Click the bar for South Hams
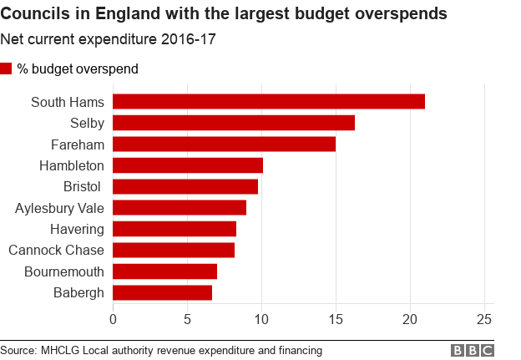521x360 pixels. (268, 102)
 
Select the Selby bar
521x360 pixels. (233, 123)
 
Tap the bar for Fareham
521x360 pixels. (224, 145)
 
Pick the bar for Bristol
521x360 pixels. (185, 186)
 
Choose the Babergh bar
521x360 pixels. (162, 292)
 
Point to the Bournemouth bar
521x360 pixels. (164, 271)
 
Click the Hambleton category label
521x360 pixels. (72, 165)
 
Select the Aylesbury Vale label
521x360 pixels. (59, 208)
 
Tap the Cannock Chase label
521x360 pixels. (56, 250)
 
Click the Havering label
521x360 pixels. (76, 229)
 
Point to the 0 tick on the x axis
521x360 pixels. (113, 319)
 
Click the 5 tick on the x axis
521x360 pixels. (187, 319)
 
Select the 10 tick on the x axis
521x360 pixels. (261, 319)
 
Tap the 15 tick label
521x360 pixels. (336, 319)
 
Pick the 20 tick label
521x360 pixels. (410, 319)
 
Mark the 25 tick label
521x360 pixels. (483, 319)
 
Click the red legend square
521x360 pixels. (7, 68)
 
